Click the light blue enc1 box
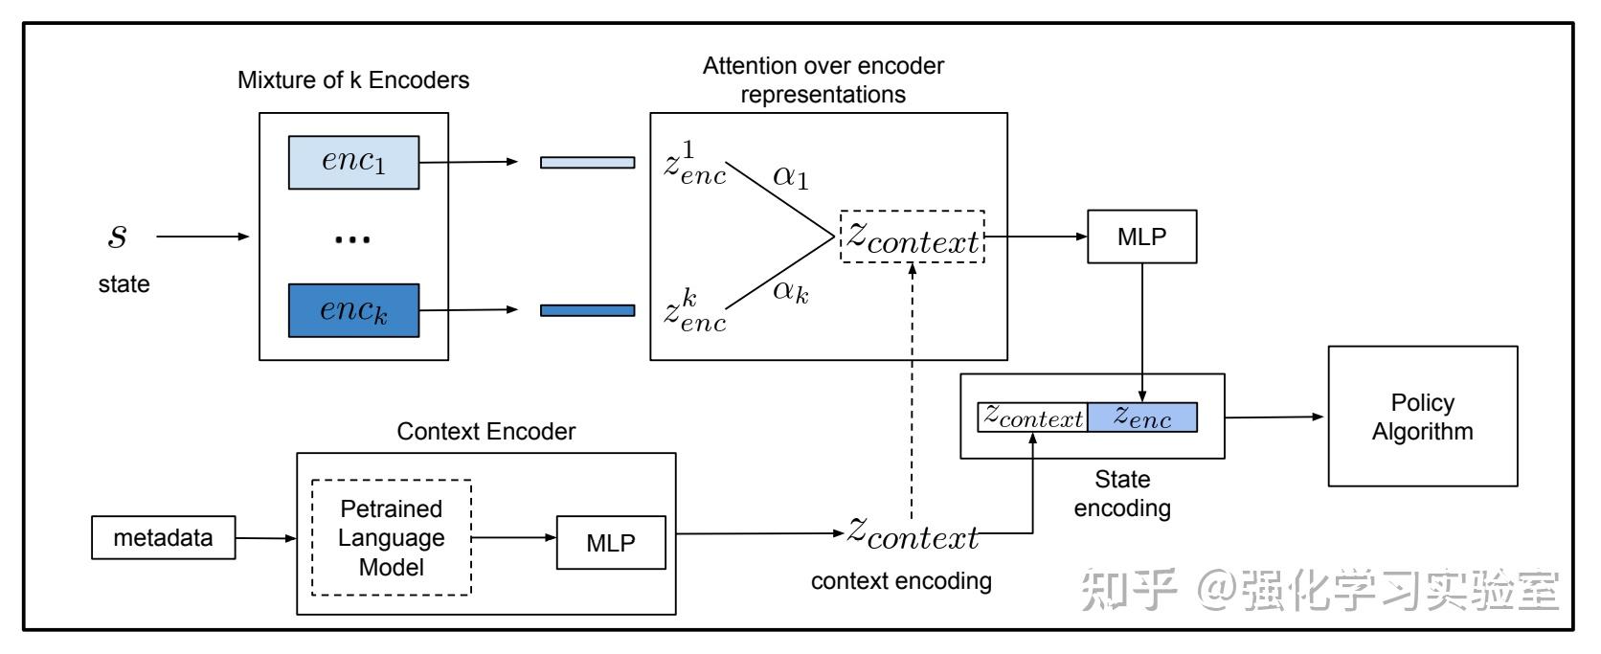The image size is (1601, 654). click(x=353, y=162)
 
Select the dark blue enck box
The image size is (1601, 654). click(x=353, y=310)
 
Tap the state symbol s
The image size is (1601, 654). click(x=118, y=236)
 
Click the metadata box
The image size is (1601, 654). click(x=163, y=537)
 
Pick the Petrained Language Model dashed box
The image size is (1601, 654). click(x=391, y=537)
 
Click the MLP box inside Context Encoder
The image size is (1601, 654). click(x=610, y=543)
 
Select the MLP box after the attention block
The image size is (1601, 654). click(x=1141, y=237)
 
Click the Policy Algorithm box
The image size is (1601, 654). click(x=1422, y=417)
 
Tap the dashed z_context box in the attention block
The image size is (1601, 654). click(x=913, y=237)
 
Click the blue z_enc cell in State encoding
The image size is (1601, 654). click(x=1142, y=417)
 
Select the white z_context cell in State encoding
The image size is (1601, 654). click(x=1032, y=417)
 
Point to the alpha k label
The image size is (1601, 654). click(x=790, y=290)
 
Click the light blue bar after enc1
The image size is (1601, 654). click(x=587, y=162)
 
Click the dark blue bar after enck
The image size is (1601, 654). click(x=587, y=310)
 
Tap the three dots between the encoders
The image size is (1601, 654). click(x=351, y=239)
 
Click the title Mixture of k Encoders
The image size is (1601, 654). click(x=353, y=79)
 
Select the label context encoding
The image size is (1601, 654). click(x=901, y=580)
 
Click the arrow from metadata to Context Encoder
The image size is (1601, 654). click(x=265, y=538)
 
